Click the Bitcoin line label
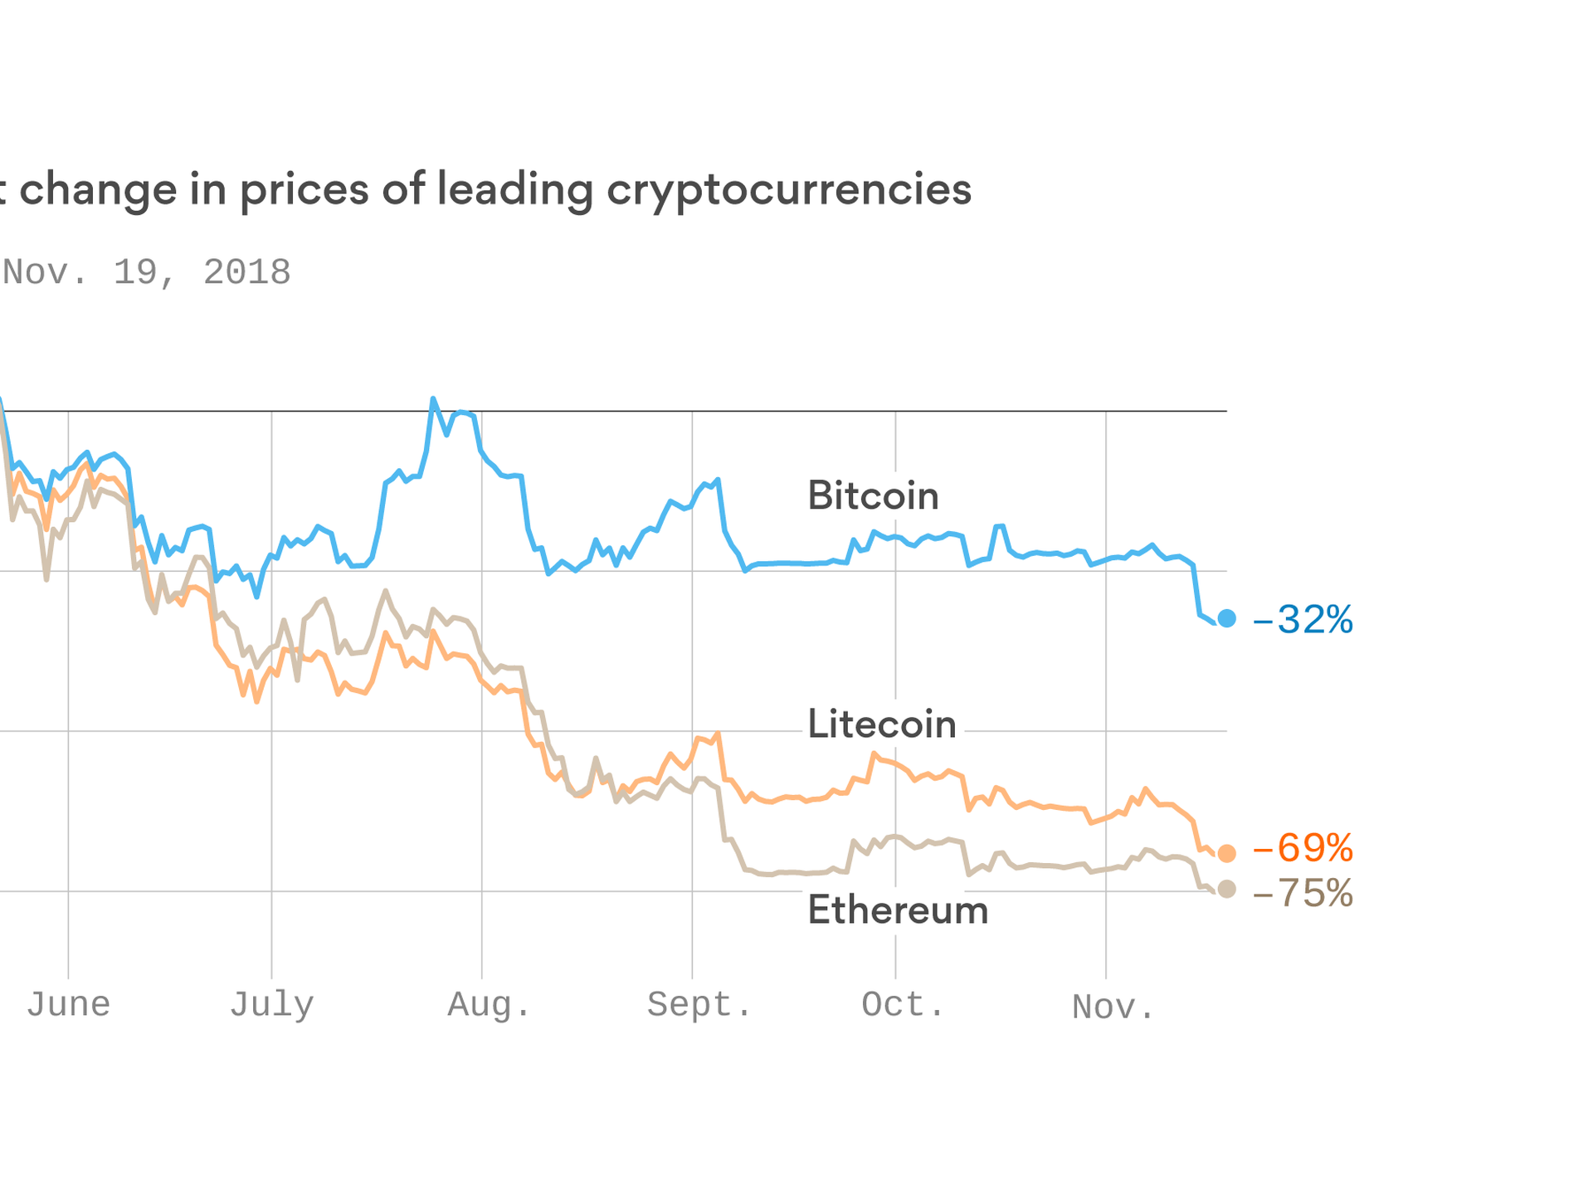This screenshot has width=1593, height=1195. point(873,495)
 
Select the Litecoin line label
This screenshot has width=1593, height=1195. point(882,724)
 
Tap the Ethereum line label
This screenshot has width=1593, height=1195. point(898,910)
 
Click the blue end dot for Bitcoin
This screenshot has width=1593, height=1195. point(1226,618)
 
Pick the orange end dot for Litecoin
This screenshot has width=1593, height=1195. point(1226,853)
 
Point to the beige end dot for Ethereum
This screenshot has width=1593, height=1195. point(1226,890)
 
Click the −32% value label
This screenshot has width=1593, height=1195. point(1303,620)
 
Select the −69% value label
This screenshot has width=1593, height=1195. point(1303,849)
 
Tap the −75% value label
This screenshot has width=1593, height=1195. point(1303,894)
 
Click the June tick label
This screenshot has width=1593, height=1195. point(68,1005)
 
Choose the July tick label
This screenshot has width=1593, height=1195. point(271,1005)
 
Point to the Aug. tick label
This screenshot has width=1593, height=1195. point(489,1005)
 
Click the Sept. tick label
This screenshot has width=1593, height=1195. point(699,1005)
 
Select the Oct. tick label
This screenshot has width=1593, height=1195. point(903,1005)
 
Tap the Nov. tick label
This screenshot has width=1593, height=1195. point(1113,1007)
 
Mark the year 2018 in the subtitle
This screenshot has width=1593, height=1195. point(247,273)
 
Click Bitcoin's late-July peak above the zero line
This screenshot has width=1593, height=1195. point(433,400)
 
